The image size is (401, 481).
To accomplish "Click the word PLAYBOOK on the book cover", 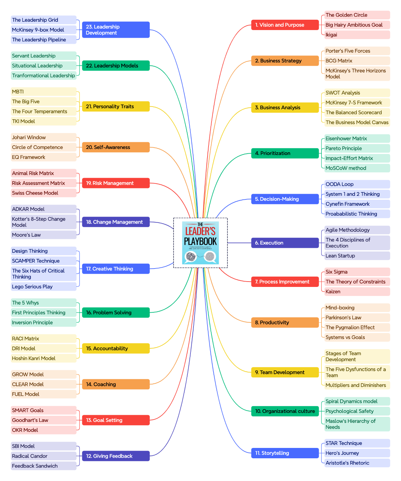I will [200, 242].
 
